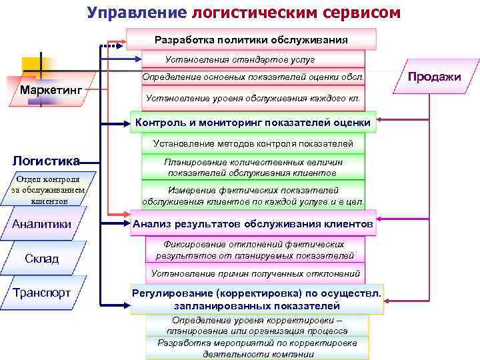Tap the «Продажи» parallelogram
pos(434,77)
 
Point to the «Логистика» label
pos(47,161)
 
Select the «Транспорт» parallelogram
pos(46,293)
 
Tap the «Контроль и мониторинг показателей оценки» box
pos(253,123)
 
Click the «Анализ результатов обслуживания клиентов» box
pos(253,224)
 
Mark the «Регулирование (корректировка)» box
pos(257,299)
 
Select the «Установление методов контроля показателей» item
pos(253,143)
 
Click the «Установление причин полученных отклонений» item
pos(255,273)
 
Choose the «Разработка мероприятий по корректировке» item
pos(257,348)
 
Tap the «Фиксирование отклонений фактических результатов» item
pos(255,249)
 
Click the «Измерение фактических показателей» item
pos(253,195)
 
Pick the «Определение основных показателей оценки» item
pos(253,78)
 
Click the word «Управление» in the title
pos(136,13)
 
